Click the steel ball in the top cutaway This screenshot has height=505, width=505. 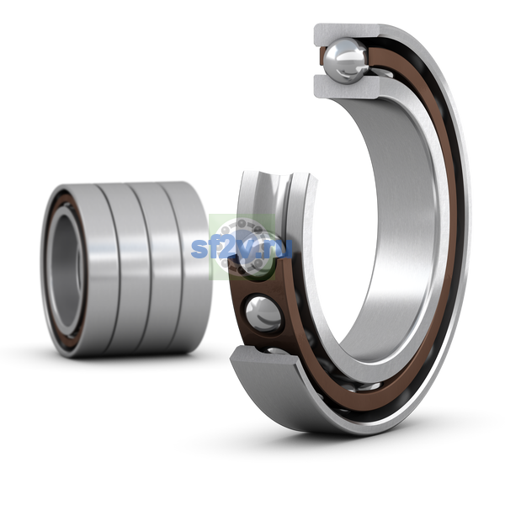click(x=346, y=61)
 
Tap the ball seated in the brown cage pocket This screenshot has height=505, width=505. click(x=263, y=314)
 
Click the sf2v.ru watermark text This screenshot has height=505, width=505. click(x=242, y=248)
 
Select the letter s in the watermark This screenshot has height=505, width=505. click(x=199, y=249)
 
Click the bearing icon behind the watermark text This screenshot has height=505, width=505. click(x=242, y=247)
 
